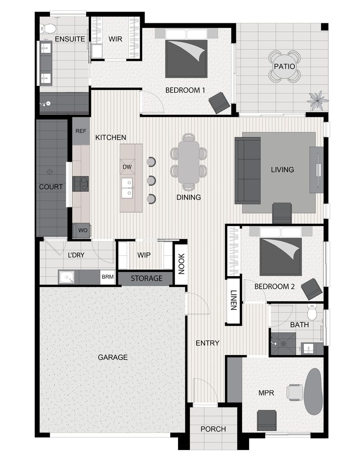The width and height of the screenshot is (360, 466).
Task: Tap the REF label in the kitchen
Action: tap(81, 131)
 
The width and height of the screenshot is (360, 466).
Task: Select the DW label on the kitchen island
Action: tap(127, 167)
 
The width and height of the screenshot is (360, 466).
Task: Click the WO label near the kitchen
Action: tap(83, 230)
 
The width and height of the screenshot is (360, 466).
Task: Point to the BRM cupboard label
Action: tap(107, 277)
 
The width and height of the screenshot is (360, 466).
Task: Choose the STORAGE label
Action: tap(147, 278)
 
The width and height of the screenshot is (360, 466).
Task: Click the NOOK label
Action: tap(181, 264)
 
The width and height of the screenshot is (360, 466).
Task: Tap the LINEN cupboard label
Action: tap(234, 300)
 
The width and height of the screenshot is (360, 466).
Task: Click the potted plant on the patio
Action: tap(317, 101)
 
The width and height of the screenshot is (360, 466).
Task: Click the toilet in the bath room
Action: tap(313, 312)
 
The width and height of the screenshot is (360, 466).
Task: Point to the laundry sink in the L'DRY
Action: tap(67, 277)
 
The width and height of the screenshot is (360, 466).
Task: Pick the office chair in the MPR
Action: tap(295, 392)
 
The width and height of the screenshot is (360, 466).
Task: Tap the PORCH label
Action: tap(213, 429)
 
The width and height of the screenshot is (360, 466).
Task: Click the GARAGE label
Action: tap(113, 357)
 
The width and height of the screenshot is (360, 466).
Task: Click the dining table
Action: tap(189, 162)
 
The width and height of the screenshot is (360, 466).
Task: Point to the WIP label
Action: tap(144, 255)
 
